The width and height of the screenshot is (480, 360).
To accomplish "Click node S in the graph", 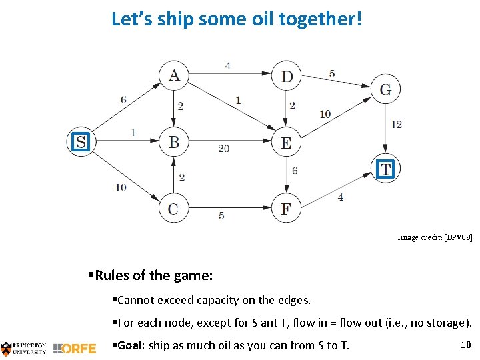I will coord(81,141).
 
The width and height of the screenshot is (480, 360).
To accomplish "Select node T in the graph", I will coord(385,169).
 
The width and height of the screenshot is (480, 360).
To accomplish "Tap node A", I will coord(174,75).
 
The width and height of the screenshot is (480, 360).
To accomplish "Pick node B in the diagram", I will coord(173,141).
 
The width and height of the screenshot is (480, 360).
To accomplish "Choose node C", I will coord(173,209).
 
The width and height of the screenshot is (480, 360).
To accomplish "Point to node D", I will coord(287,76).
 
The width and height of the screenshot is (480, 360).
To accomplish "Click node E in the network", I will coord(286,142).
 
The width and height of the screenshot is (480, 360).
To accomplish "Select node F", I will coord(286,209).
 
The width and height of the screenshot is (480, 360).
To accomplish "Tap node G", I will coord(385,89).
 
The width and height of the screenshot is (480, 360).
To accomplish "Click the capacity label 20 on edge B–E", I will coord(223,148).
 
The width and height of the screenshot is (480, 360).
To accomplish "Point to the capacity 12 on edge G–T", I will coord(397,124).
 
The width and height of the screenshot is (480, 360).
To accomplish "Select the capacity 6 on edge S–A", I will coord(123,100).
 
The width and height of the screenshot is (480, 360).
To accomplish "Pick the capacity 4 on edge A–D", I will coord(228,66).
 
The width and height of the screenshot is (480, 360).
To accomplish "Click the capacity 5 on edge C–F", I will coord(222,215).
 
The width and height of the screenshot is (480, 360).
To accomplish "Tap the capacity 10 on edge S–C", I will coord(120,187).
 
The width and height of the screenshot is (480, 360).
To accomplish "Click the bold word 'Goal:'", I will coord(131,345).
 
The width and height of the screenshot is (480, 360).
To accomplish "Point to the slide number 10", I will coord(466,344).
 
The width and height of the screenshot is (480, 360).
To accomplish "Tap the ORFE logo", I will coord(74,348).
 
